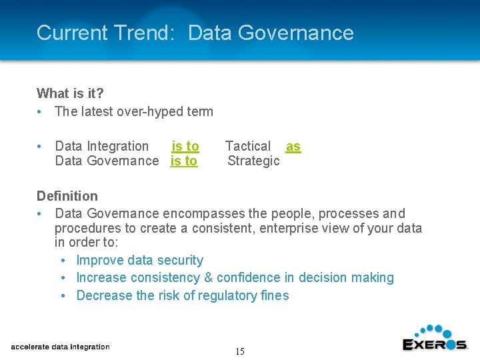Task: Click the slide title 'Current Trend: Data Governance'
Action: pyautogui.click(x=195, y=33)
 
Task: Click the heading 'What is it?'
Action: pyautogui.click(x=70, y=93)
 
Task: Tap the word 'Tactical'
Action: pyautogui.click(x=248, y=146)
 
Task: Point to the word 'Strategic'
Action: pyautogui.click(x=253, y=161)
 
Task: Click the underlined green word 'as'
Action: pyautogui.click(x=293, y=146)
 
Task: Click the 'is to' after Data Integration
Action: pyautogui.click(x=185, y=146)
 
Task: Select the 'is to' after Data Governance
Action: pyautogui.click(x=184, y=161)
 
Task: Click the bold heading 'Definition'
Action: pyautogui.click(x=67, y=196)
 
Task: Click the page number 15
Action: pyautogui.click(x=239, y=351)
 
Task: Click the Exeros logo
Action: pyautogui.click(x=435, y=338)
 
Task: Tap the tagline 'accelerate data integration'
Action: pyautogui.click(x=60, y=347)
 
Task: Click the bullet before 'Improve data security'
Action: pyautogui.click(x=62, y=260)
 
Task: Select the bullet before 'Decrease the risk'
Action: pyautogui.click(x=62, y=295)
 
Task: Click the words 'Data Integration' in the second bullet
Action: pyautogui.click(x=102, y=146)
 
